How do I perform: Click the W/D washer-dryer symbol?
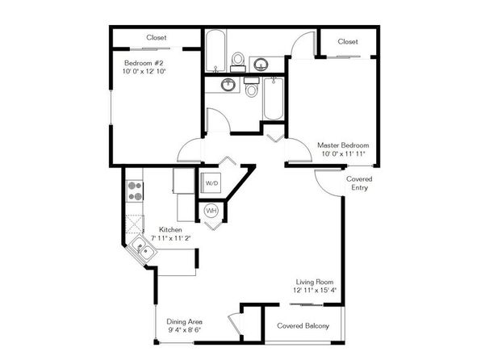211,183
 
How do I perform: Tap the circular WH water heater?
211,211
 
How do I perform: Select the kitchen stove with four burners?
135,190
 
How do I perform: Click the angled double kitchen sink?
143,249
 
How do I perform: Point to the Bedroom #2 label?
144,63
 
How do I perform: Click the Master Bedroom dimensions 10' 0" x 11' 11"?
343,153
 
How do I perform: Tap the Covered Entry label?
359,183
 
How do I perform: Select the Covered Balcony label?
303,325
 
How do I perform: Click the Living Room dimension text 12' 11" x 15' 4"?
315,290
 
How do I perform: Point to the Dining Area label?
184,321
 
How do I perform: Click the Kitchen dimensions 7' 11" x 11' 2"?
171,238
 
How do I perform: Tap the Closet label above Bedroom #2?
157,37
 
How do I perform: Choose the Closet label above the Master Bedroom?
348,41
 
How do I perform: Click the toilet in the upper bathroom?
238,61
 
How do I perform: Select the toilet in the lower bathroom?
252,87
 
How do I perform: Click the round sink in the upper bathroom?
261,65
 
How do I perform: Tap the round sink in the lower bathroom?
228,85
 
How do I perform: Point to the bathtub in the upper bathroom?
215,51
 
